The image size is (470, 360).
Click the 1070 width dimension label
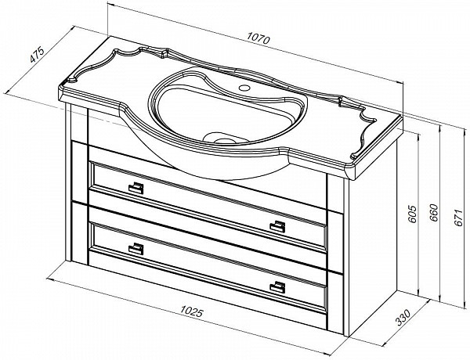tap(258, 38)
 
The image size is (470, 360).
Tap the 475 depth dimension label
tap(37, 54)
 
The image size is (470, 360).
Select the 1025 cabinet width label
tap(192, 311)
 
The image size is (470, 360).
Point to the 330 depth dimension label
tap(403, 318)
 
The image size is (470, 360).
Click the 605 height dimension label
tap(413, 214)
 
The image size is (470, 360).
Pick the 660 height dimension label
tap(434, 213)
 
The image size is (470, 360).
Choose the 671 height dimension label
tap(458, 218)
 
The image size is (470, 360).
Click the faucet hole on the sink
tap(244, 88)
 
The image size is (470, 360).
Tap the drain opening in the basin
tap(223, 139)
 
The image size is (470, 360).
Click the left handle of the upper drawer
tap(136, 188)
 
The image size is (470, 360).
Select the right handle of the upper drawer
tap(277, 226)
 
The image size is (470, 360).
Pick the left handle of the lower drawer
tap(136, 248)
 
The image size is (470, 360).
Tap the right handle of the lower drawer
tap(277, 287)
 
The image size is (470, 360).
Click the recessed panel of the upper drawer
tap(208, 207)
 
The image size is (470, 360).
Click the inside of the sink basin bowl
tap(227, 113)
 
